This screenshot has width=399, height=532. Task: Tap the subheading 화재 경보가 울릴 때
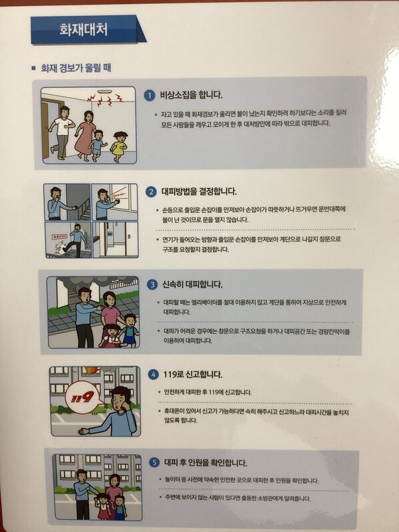pos(76,68)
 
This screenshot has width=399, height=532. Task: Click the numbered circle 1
pos(149,95)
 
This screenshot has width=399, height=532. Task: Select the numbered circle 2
pos(152,192)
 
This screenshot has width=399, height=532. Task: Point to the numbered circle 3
pos(152,285)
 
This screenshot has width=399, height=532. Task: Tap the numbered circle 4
pos(154,374)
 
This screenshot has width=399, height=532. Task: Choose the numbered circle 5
pos(154,462)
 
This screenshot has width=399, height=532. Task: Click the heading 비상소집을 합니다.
pos(192,95)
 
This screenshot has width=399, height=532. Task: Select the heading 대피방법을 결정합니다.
pos(199,192)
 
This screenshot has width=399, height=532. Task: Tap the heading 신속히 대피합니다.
pos(192,285)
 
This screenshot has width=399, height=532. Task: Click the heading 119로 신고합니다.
pos(193,374)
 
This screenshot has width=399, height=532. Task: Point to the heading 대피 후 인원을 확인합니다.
pos(205,462)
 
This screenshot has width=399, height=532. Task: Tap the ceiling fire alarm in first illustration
pos(104,92)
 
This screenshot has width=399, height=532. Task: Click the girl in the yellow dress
pos(120,146)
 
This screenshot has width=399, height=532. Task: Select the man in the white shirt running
pos(63,132)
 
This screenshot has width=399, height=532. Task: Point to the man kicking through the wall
pos(74,240)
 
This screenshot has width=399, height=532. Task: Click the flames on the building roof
pos(92,370)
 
